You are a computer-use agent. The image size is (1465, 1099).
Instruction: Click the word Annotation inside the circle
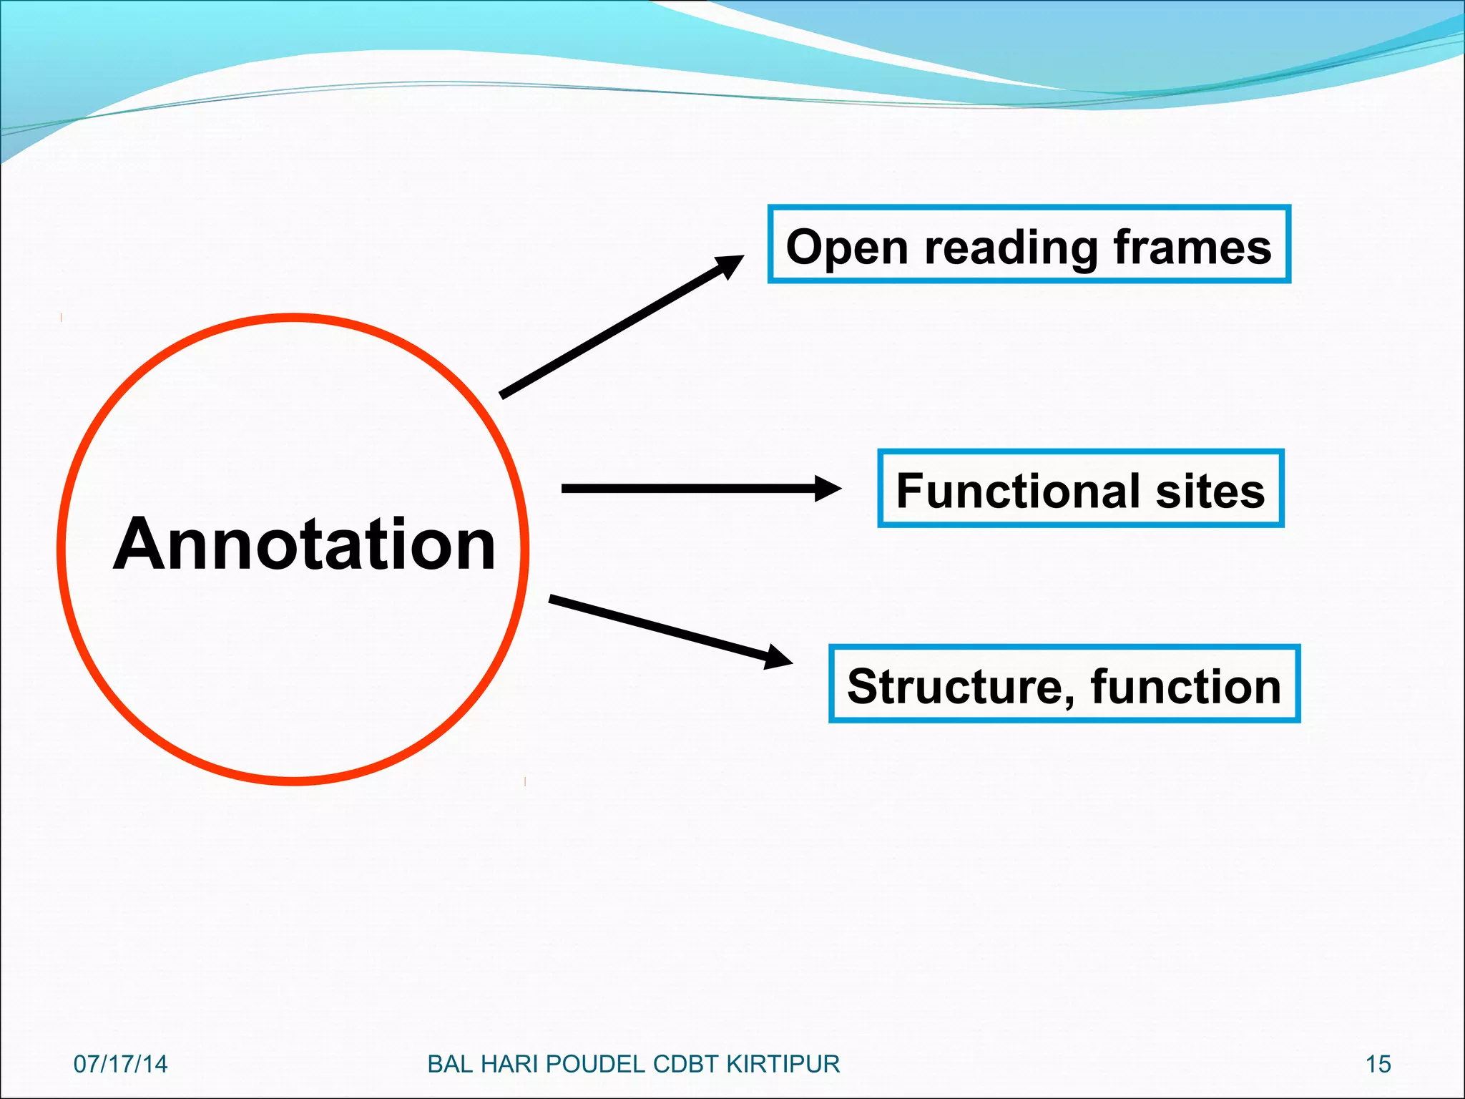click(x=304, y=545)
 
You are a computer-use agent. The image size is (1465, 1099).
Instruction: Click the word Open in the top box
click(x=847, y=248)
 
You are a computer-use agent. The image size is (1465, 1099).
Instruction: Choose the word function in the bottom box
click(x=1185, y=686)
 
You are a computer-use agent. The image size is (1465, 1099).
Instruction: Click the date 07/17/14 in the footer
click(x=120, y=1064)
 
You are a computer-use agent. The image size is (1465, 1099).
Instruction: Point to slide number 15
click(x=1378, y=1064)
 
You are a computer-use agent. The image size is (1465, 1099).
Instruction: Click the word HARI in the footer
click(x=511, y=1064)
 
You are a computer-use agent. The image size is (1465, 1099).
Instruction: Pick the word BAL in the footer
click(x=450, y=1064)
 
